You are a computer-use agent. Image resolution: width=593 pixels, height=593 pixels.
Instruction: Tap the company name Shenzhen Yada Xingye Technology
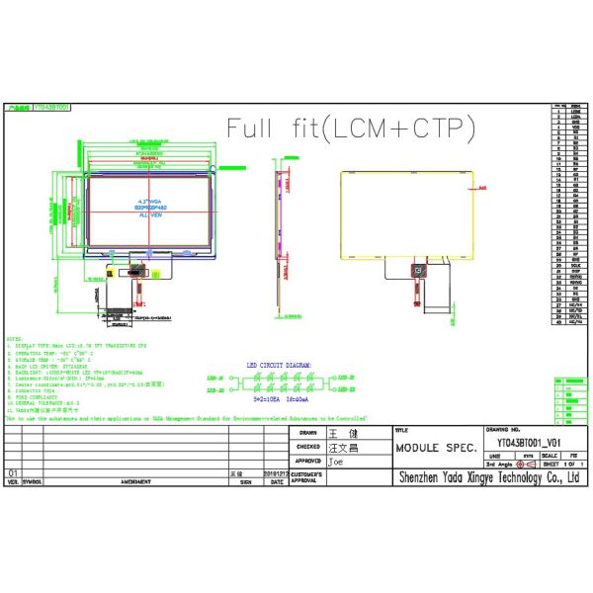pos(487,478)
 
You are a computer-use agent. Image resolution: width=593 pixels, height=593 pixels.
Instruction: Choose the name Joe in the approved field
pos(336,461)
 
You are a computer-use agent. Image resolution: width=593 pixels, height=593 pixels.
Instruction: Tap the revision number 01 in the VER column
pos(13,474)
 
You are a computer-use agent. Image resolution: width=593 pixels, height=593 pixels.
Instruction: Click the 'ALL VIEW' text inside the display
pos(150,213)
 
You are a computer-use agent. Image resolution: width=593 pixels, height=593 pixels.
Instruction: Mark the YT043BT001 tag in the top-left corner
pos(52,103)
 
